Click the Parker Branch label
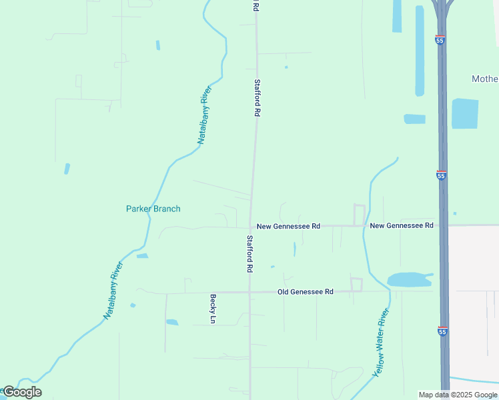[x=153, y=209]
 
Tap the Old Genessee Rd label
[x=305, y=292]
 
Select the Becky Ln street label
[x=213, y=309]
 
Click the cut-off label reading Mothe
[x=484, y=79]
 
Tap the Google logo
[x=22, y=392]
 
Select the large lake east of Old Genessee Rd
[x=408, y=279]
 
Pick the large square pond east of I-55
[x=465, y=113]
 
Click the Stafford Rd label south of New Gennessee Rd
[x=249, y=253]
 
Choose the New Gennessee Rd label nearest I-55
[x=402, y=225]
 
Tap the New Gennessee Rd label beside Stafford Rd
[x=288, y=227]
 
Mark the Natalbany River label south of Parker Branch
[x=114, y=290]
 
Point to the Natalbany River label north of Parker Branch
[x=204, y=115]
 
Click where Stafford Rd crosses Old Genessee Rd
[x=249, y=292]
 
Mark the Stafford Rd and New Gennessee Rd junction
[x=252, y=226]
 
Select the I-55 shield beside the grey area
[x=442, y=331]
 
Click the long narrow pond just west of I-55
[x=420, y=50]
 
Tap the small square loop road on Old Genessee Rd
[x=356, y=285]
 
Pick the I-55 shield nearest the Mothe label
[x=440, y=40]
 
